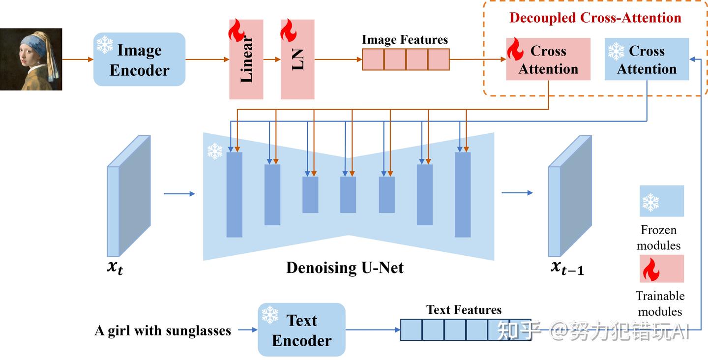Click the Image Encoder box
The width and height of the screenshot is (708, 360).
139,60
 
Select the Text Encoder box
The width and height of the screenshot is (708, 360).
301,330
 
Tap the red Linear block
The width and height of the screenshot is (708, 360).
246,59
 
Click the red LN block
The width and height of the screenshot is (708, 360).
297,59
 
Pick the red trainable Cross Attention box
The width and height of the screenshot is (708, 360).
548,60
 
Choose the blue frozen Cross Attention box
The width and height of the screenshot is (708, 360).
646,60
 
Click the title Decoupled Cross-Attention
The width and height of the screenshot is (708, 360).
595,18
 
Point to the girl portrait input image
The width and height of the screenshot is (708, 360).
31,59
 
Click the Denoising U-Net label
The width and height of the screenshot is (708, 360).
345,268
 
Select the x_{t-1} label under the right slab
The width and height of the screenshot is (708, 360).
567,268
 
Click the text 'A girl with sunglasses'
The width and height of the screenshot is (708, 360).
163,330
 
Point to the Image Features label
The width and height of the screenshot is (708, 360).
405,40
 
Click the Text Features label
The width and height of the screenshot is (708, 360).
464,310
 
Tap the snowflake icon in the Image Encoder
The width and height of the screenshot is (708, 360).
104,45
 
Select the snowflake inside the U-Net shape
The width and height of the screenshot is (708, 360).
214,151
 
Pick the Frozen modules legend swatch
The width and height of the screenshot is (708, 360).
661,201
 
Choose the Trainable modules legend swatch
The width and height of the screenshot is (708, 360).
661,269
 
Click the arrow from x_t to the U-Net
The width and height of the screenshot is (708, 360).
179,194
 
